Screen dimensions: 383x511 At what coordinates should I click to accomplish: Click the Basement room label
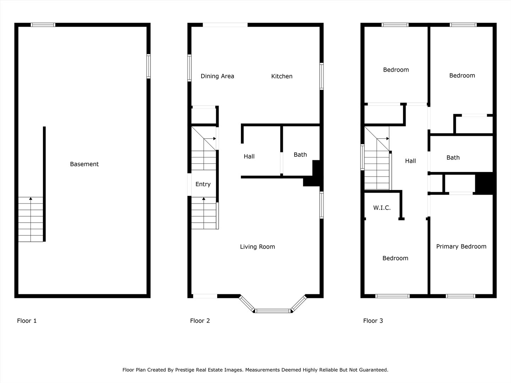tap(84, 164)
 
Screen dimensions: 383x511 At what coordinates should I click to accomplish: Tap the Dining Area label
tap(217, 76)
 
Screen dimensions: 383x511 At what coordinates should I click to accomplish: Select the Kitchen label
tap(282, 76)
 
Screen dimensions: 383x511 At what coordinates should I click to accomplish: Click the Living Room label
tap(257, 247)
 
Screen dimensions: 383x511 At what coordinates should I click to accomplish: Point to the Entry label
tap(203, 184)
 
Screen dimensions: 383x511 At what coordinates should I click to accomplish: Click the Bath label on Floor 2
tap(300, 155)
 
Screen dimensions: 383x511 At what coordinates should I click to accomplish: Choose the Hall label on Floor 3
tap(410, 161)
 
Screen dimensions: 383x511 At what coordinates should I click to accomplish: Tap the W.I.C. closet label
tap(382, 208)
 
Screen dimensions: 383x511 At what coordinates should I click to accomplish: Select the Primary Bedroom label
tap(461, 246)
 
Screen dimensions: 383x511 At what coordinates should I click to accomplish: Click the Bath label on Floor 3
tap(453, 158)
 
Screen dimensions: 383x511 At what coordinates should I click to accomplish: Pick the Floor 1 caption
tap(27, 321)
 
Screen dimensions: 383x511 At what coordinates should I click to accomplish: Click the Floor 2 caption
tap(200, 321)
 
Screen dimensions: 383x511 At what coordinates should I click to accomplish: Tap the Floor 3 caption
tap(373, 321)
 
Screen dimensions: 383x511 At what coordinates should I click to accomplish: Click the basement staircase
tap(31, 220)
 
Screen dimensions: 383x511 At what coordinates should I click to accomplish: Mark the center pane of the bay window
tap(273, 311)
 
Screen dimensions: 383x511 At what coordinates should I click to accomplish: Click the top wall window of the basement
tap(43, 25)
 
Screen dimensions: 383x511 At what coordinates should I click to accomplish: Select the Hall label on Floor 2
tap(249, 156)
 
